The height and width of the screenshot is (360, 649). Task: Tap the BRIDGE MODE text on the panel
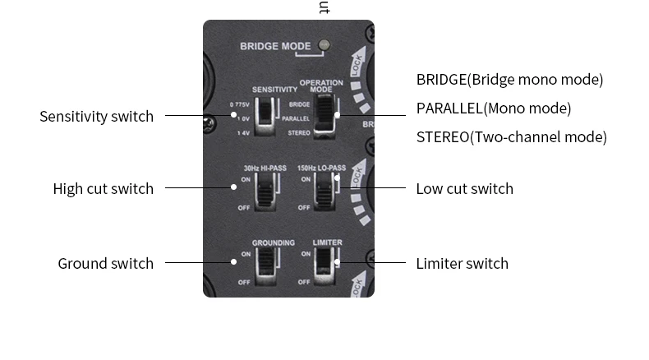pos(275,46)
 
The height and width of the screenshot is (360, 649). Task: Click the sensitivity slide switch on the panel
pos(265,116)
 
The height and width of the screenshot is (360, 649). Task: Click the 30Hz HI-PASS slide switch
pos(265,192)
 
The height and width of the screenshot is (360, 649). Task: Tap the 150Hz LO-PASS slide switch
pos(323,192)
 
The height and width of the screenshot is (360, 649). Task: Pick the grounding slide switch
pos(265,265)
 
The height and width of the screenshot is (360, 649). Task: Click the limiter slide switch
pos(325,265)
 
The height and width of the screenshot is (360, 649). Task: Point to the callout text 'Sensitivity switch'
pos(96,116)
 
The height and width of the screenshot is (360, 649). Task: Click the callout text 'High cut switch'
pos(103,188)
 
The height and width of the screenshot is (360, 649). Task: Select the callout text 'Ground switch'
pos(105,263)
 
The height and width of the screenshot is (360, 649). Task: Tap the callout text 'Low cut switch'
pos(464,188)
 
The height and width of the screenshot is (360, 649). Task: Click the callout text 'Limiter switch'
pos(462,263)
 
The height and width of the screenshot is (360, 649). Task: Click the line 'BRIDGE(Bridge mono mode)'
pos(509,79)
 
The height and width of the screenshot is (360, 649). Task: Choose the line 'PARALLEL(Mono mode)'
pos(493,108)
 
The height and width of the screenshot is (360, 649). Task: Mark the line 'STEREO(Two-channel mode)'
pos(511,136)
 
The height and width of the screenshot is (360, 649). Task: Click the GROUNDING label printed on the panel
pos(274,242)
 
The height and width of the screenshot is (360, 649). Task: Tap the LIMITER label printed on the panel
pos(327,242)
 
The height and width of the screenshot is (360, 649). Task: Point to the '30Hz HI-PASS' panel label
pos(265,168)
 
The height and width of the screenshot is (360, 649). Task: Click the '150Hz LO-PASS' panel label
pos(321,168)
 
